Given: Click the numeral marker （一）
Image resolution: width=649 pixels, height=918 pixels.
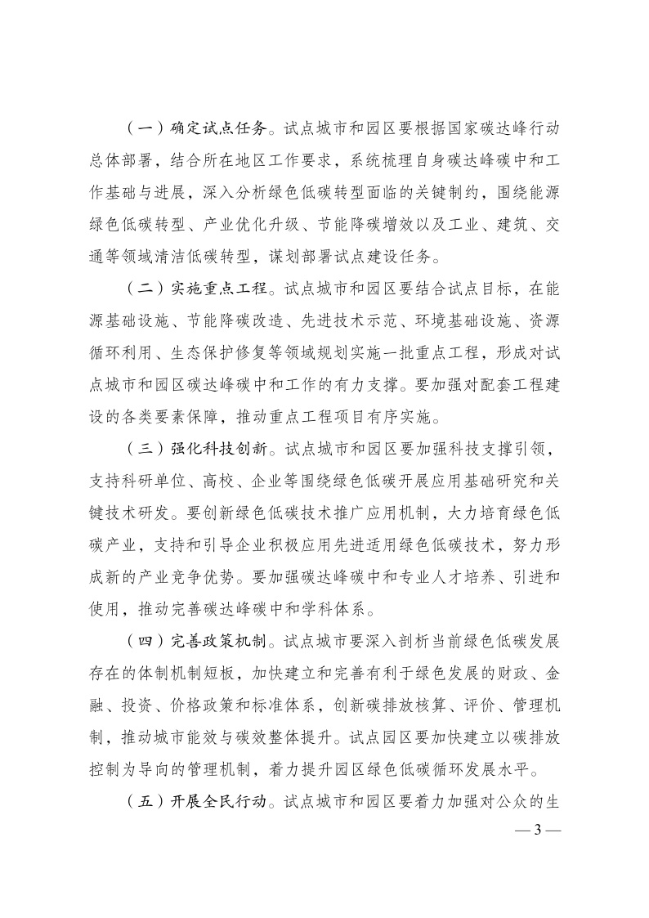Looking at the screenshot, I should (x=145, y=128).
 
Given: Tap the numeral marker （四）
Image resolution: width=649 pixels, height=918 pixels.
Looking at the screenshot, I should (x=145, y=609).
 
